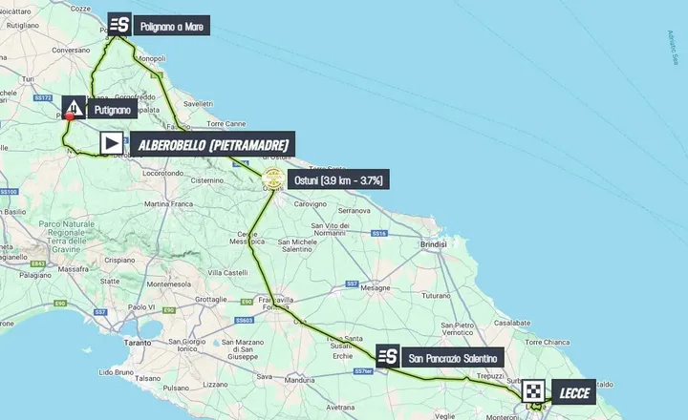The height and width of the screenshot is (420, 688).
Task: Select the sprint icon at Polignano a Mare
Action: pos(118,26)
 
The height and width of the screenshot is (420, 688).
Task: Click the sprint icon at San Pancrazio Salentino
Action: pos(388,357)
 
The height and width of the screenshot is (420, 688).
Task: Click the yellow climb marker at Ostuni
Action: pos(272,178)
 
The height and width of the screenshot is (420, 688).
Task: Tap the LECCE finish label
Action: pos(577,392)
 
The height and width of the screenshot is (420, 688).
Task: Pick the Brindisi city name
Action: pos(433,245)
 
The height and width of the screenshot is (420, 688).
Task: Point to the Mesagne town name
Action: pos(376,286)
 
